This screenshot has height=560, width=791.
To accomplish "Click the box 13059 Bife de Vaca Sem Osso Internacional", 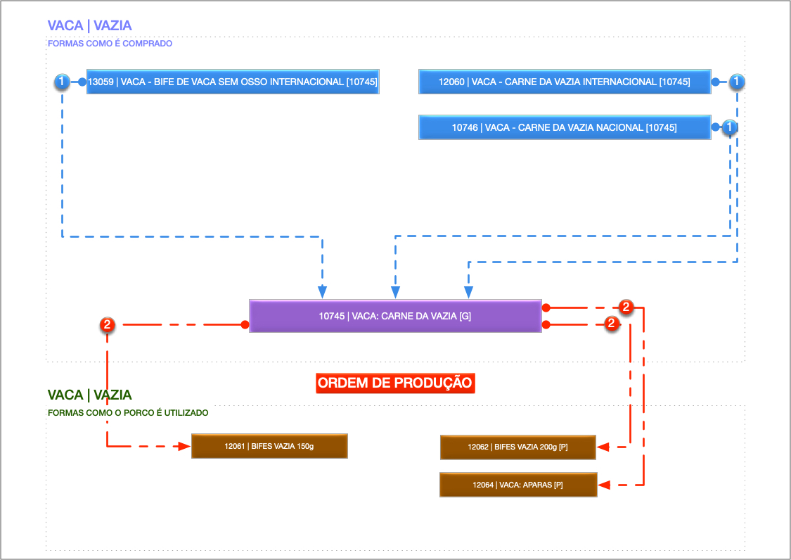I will [233, 82].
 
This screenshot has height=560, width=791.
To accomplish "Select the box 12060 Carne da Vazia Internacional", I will [565, 82].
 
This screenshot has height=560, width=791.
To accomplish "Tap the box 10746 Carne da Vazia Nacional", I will [565, 128].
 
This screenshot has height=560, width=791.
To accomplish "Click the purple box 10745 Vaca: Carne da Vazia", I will [395, 316].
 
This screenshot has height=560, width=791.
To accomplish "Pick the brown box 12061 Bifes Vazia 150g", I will [269, 446].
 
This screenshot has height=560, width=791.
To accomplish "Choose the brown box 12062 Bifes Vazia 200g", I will [518, 447].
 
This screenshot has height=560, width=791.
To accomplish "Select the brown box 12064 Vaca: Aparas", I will [518, 485].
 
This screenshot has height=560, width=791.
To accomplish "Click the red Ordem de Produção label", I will [395, 383].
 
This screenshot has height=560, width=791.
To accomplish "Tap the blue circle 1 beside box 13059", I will [62, 82].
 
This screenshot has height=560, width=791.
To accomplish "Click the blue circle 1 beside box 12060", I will [736, 82].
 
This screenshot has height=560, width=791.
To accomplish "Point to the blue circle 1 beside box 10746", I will [731, 127].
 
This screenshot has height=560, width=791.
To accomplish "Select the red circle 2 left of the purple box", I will [107, 325].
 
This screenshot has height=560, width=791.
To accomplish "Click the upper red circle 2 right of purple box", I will [626, 307].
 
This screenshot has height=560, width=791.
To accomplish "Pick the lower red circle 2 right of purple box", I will [611, 324].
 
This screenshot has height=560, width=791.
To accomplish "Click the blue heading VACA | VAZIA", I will [89, 26].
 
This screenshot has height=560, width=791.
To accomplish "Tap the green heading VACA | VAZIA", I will [89, 395].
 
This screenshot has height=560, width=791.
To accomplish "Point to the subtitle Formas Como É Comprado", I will [110, 44].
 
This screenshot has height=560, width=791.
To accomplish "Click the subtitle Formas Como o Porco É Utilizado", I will [128, 413].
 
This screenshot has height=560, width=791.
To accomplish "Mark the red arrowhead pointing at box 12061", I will [184, 446].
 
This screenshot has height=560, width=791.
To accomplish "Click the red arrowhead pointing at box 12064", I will [604, 485].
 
